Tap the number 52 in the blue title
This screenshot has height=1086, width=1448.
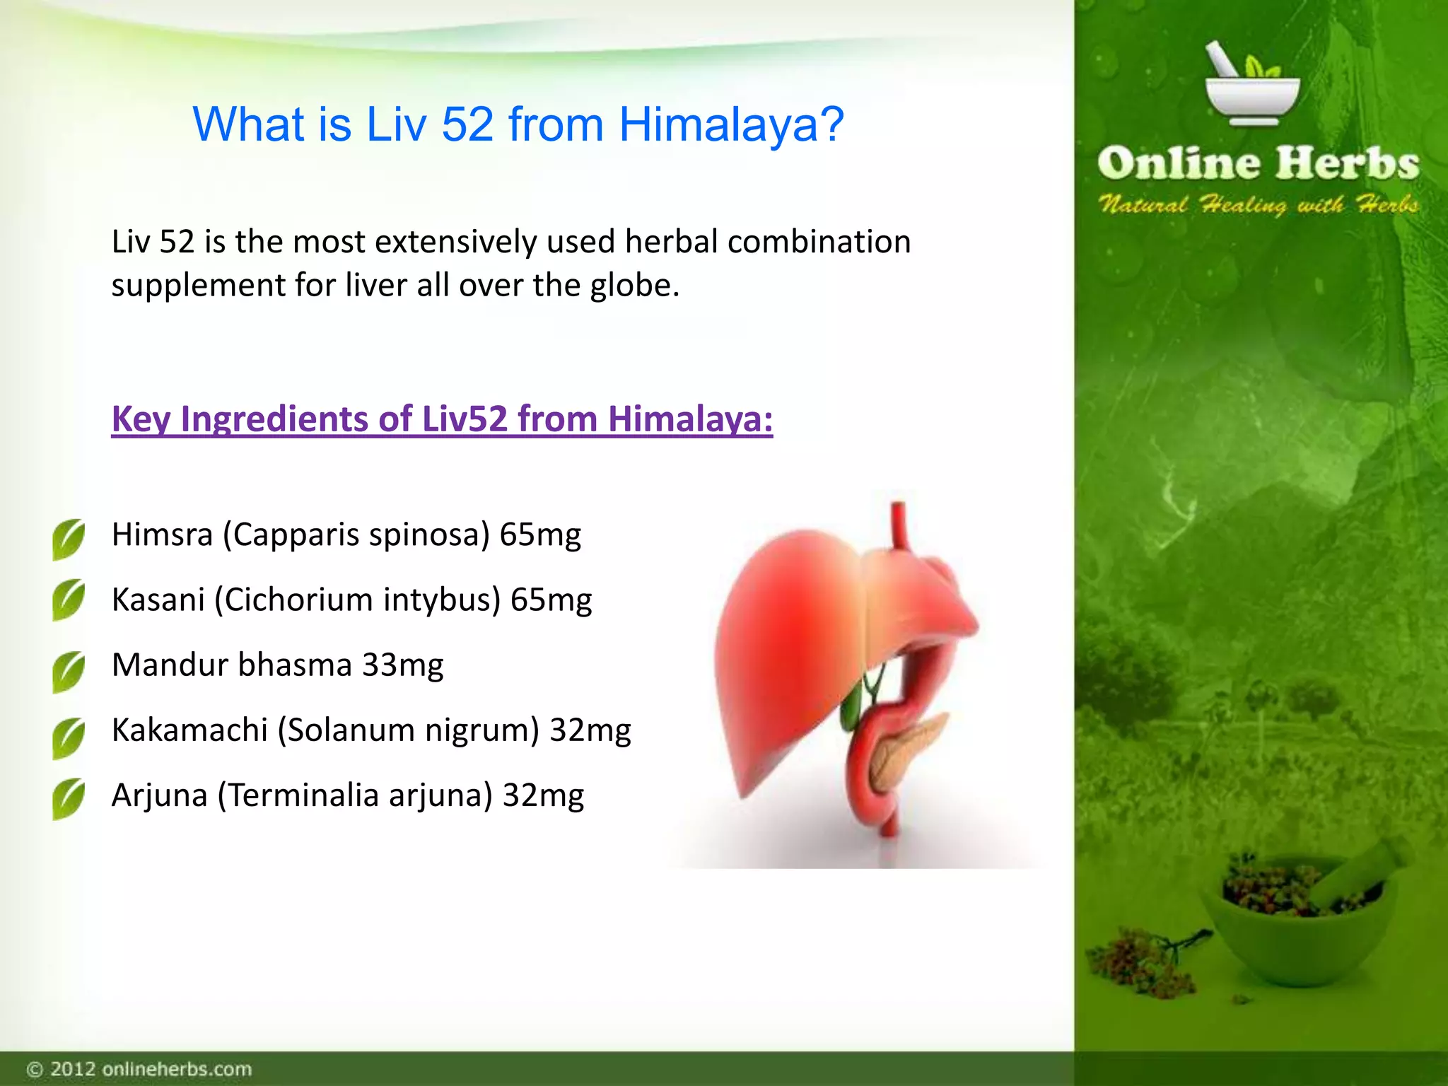tap(467, 125)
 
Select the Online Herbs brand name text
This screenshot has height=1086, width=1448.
tap(1258, 163)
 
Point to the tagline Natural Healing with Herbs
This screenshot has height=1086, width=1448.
tap(1258, 205)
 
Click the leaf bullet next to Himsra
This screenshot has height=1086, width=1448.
tap(69, 539)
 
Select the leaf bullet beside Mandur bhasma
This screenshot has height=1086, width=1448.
tap(69, 671)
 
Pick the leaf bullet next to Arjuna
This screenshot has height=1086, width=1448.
tap(69, 799)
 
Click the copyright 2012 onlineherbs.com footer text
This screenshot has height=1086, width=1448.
tap(139, 1068)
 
